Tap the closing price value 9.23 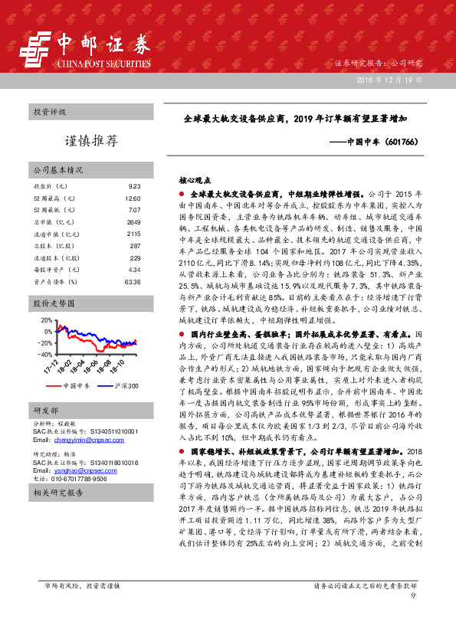[x=135, y=186]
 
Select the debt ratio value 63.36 [x=133, y=280]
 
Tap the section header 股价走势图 [x=51, y=304]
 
